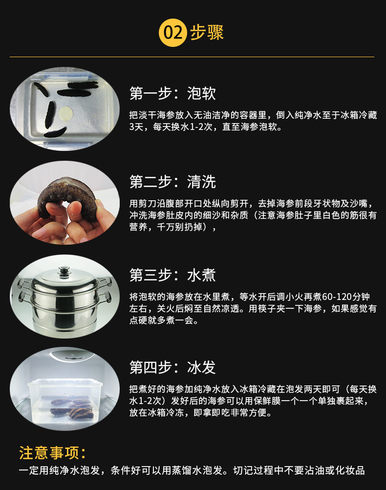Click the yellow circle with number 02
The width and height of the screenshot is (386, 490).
pyautogui.click(x=173, y=33)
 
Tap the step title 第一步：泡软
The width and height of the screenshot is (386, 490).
pyautogui.click(x=172, y=93)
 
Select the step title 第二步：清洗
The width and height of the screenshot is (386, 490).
pyautogui.click(x=172, y=182)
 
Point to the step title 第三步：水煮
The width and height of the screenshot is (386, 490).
pyautogui.click(x=172, y=275)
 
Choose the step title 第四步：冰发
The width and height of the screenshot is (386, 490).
pyautogui.click(x=172, y=367)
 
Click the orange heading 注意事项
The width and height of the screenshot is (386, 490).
pyautogui.click(x=52, y=453)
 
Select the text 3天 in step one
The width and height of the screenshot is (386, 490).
pyautogui.click(x=135, y=128)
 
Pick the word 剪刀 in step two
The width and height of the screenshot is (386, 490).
pyautogui.click(x=146, y=203)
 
